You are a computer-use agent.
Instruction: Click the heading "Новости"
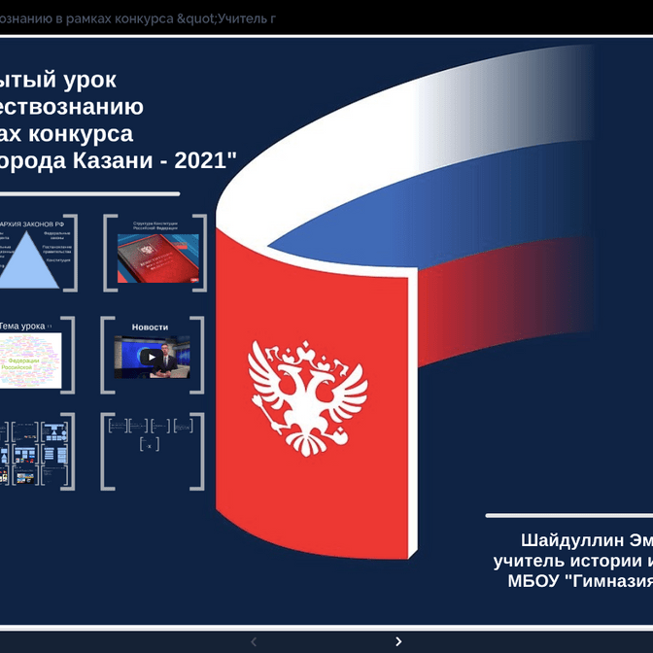coord(151,327)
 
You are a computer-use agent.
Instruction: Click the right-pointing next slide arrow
coord(398,641)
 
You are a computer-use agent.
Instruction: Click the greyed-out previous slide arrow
coord(254,641)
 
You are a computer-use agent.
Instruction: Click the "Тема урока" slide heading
coord(21,326)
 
